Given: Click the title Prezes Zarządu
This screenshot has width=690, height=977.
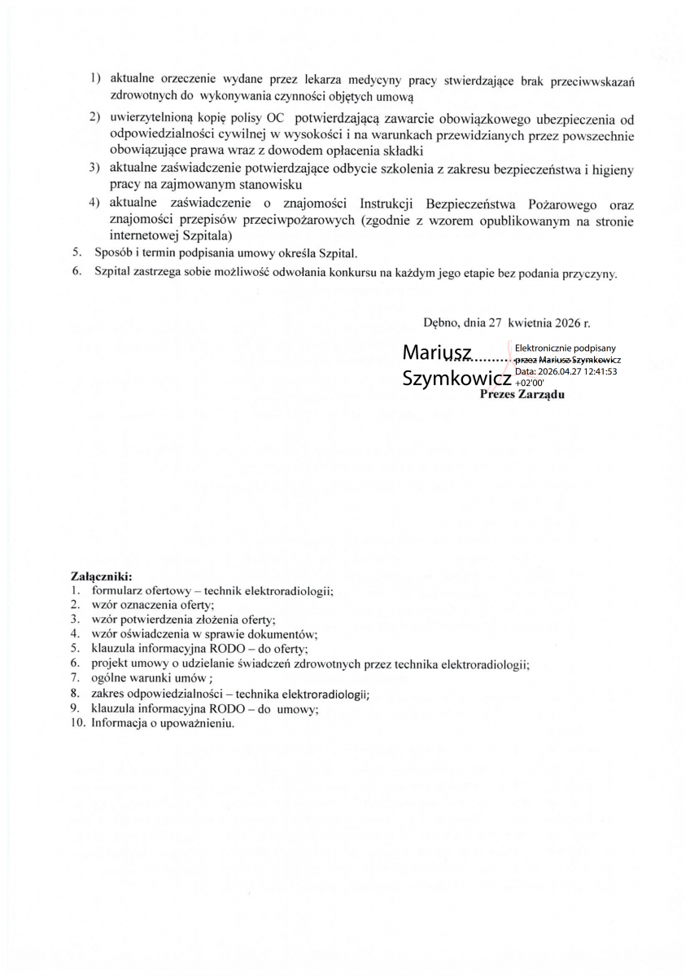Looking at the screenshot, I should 522,394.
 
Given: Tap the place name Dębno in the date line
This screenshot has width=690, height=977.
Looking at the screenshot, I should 441,322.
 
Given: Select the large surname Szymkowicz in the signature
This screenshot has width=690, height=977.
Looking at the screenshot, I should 457,379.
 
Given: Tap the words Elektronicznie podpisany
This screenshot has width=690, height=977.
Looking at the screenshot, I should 565,348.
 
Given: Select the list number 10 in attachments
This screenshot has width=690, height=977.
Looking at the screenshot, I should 77,722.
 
